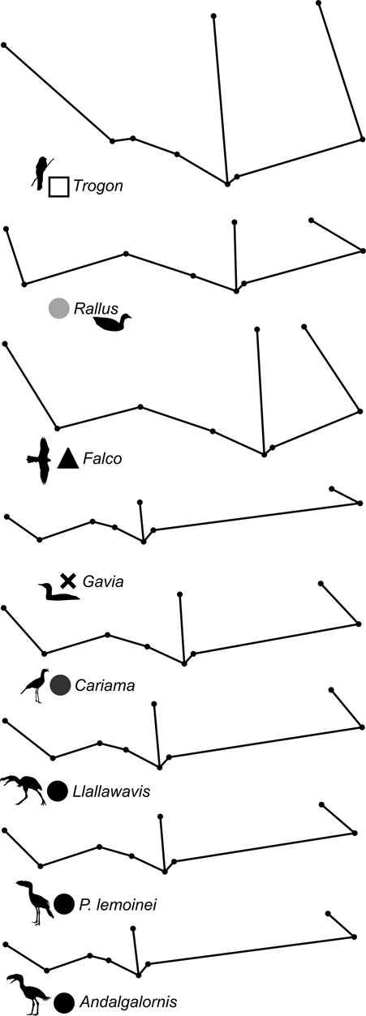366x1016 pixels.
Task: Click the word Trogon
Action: coord(98,186)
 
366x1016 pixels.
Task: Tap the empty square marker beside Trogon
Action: coord(58,186)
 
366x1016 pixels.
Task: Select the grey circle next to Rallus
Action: coord(58,308)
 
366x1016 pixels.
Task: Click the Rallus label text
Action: coord(96,309)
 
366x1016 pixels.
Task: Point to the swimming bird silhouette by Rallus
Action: coord(112,323)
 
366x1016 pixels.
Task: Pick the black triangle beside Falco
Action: coord(68,458)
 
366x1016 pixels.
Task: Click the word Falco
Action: coord(102,459)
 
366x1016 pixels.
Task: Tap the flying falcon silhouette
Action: coord(40,461)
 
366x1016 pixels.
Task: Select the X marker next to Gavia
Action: coord(68,580)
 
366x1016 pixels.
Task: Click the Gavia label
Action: coord(103,581)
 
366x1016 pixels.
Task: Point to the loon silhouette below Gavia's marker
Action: coord(58,593)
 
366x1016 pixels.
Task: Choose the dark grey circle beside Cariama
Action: coord(60,685)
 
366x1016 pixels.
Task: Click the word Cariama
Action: coord(105,685)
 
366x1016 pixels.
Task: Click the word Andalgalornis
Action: coord(128,1001)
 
